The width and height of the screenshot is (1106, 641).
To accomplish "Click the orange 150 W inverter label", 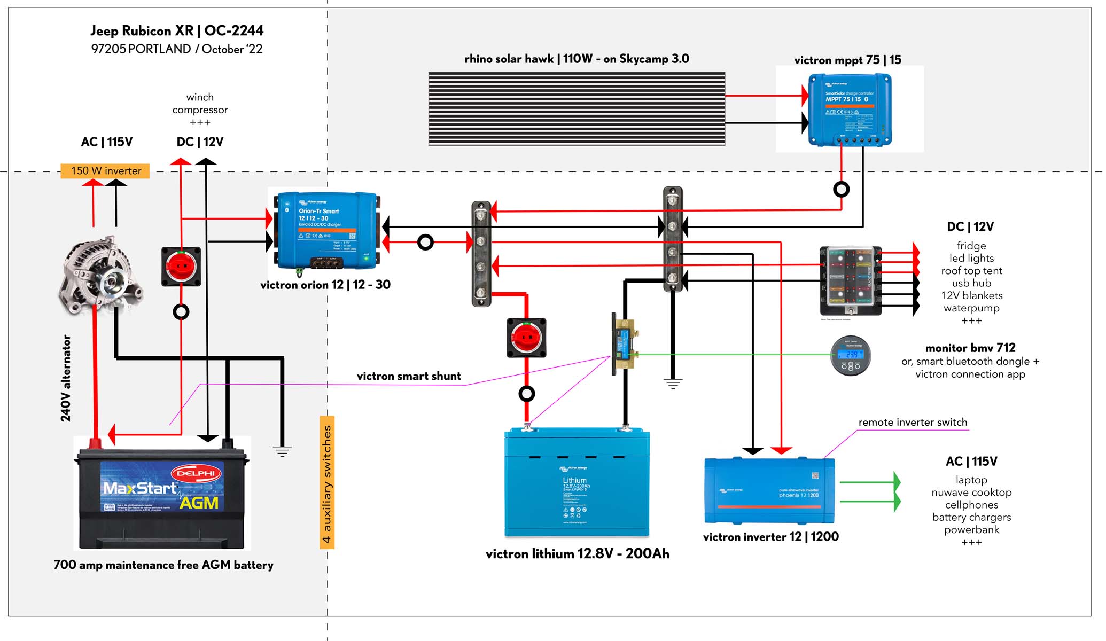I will pyautogui.click(x=105, y=171).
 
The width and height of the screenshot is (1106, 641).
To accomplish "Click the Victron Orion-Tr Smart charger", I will pyautogui.click(x=326, y=231).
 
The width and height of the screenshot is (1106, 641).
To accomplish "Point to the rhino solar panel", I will pyautogui.click(x=577, y=109).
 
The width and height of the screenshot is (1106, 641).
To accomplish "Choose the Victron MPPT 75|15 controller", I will pyautogui.click(x=850, y=110).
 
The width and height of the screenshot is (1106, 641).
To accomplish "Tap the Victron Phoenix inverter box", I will pyautogui.click(x=769, y=490).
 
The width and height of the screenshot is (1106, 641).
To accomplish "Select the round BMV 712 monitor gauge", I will pyautogui.click(x=851, y=355).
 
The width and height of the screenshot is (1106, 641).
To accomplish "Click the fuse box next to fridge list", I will pyautogui.click(x=850, y=280).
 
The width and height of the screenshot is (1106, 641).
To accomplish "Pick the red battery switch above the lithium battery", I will pyautogui.click(x=526, y=338).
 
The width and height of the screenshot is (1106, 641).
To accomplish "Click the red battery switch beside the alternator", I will pyautogui.click(x=181, y=266).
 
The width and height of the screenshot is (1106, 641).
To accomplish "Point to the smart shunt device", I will pyautogui.click(x=623, y=343).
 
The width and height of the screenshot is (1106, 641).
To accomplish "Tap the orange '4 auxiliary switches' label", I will pyautogui.click(x=327, y=483).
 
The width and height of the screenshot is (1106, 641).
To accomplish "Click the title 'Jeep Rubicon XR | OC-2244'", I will pyautogui.click(x=177, y=31).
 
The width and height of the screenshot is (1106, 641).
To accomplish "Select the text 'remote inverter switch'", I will pyautogui.click(x=913, y=423).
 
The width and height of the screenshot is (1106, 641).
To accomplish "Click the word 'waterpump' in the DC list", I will pyautogui.click(x=971, y=308).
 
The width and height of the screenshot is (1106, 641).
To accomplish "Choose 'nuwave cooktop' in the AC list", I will pyautogui.click(x=971, y=493).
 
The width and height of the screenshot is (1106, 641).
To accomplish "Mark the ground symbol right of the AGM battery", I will pyautogui.click(x=282, y=451).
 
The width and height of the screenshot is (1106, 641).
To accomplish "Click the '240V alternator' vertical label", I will pyautogui.click(x=66, y=378).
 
